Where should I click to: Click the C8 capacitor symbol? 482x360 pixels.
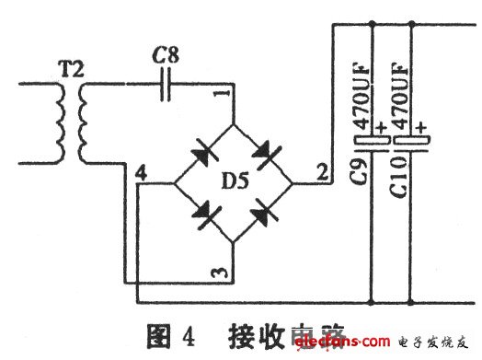(x=166, y=87)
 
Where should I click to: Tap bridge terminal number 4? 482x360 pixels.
(x=140, y=172)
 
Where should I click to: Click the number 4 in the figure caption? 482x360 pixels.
(x=188, y=335)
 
